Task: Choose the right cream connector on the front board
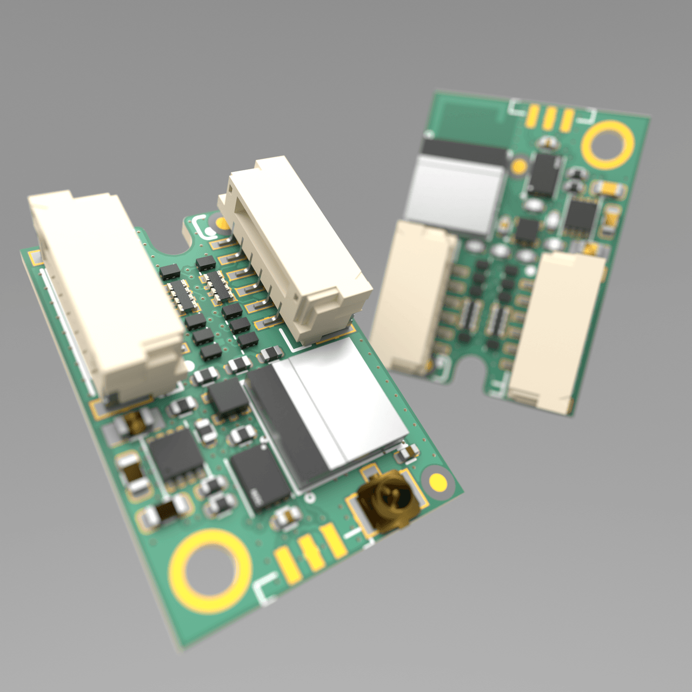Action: click(295, 249)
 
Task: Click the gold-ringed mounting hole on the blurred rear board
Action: click(608, 144)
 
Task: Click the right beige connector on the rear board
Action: click(557, 330)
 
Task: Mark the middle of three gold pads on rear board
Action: click(550, 117)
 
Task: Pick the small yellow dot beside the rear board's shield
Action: click(520, 165)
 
